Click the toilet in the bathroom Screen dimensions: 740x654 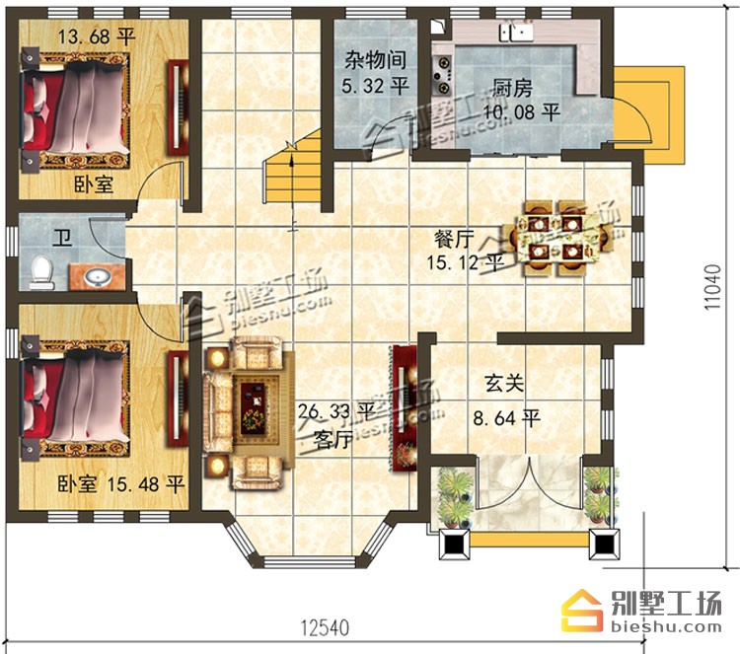[41, 272]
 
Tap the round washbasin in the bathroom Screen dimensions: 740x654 [98, 277]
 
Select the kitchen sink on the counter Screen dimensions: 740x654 [517, 33]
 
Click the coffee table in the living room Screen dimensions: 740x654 [255, 408]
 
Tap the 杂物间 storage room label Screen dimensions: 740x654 [375, 59]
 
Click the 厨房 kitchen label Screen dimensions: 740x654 [512, 87]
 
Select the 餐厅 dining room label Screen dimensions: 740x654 [454, 240]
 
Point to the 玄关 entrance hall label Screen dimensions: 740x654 [504, 383]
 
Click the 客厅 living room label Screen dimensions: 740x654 [333, 440]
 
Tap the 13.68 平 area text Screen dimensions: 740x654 [97, 36]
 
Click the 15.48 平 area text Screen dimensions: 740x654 [145, 484]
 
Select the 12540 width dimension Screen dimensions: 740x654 [326, 627]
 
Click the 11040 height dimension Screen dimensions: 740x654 [713, 287]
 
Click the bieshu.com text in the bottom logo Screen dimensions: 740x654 [666, 626]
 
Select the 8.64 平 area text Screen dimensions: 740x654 [506, 418]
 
